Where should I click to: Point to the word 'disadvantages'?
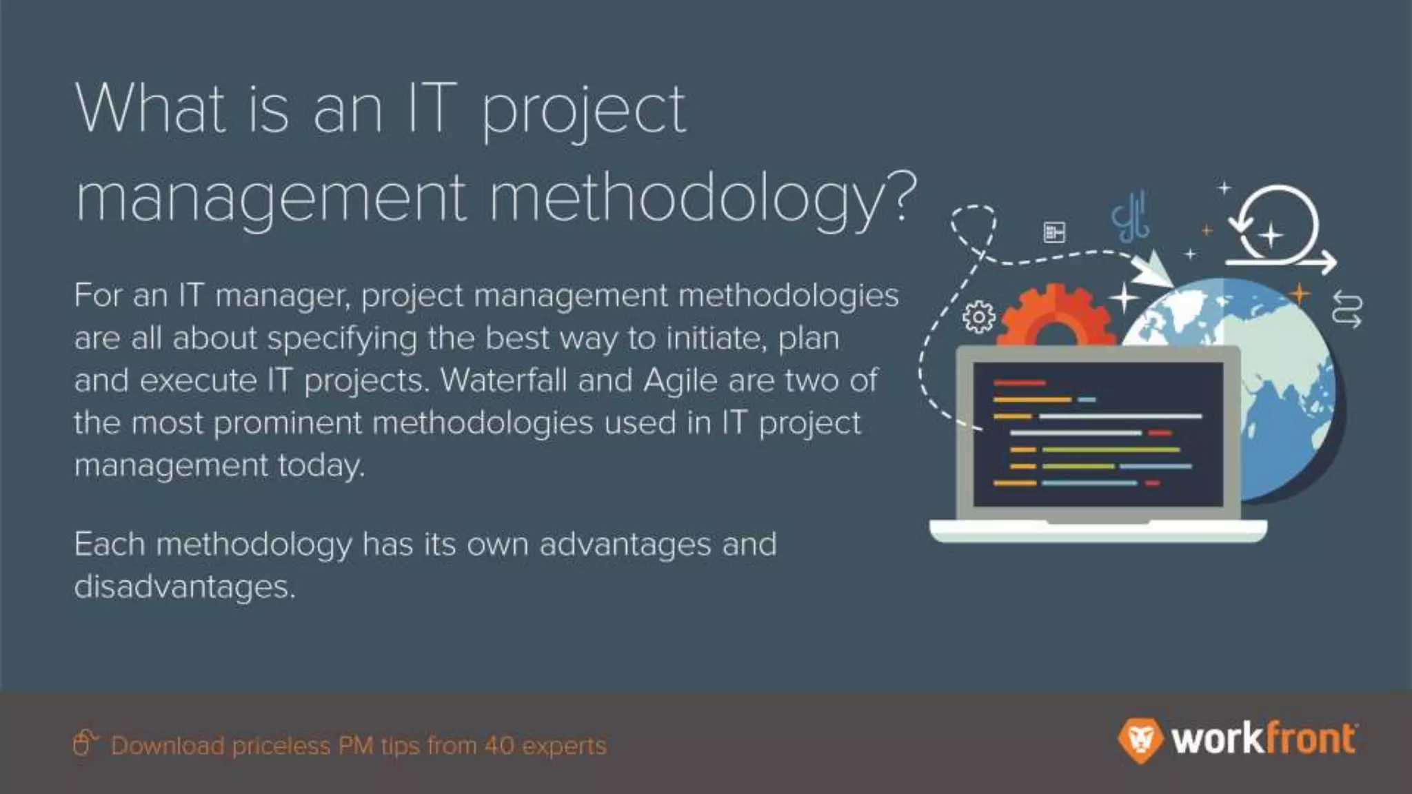click(184, 587)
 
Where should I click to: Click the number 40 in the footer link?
click(498, 746)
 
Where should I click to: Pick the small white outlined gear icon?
click(979, 317)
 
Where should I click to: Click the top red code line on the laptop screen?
click(1019, 383)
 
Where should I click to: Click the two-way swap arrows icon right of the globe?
click(1347, 309)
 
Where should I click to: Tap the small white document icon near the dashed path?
click(1054, 232)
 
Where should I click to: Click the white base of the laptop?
click(1098, 531)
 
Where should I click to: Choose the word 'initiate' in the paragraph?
click(716, 338)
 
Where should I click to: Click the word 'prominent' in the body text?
click(288, 423)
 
